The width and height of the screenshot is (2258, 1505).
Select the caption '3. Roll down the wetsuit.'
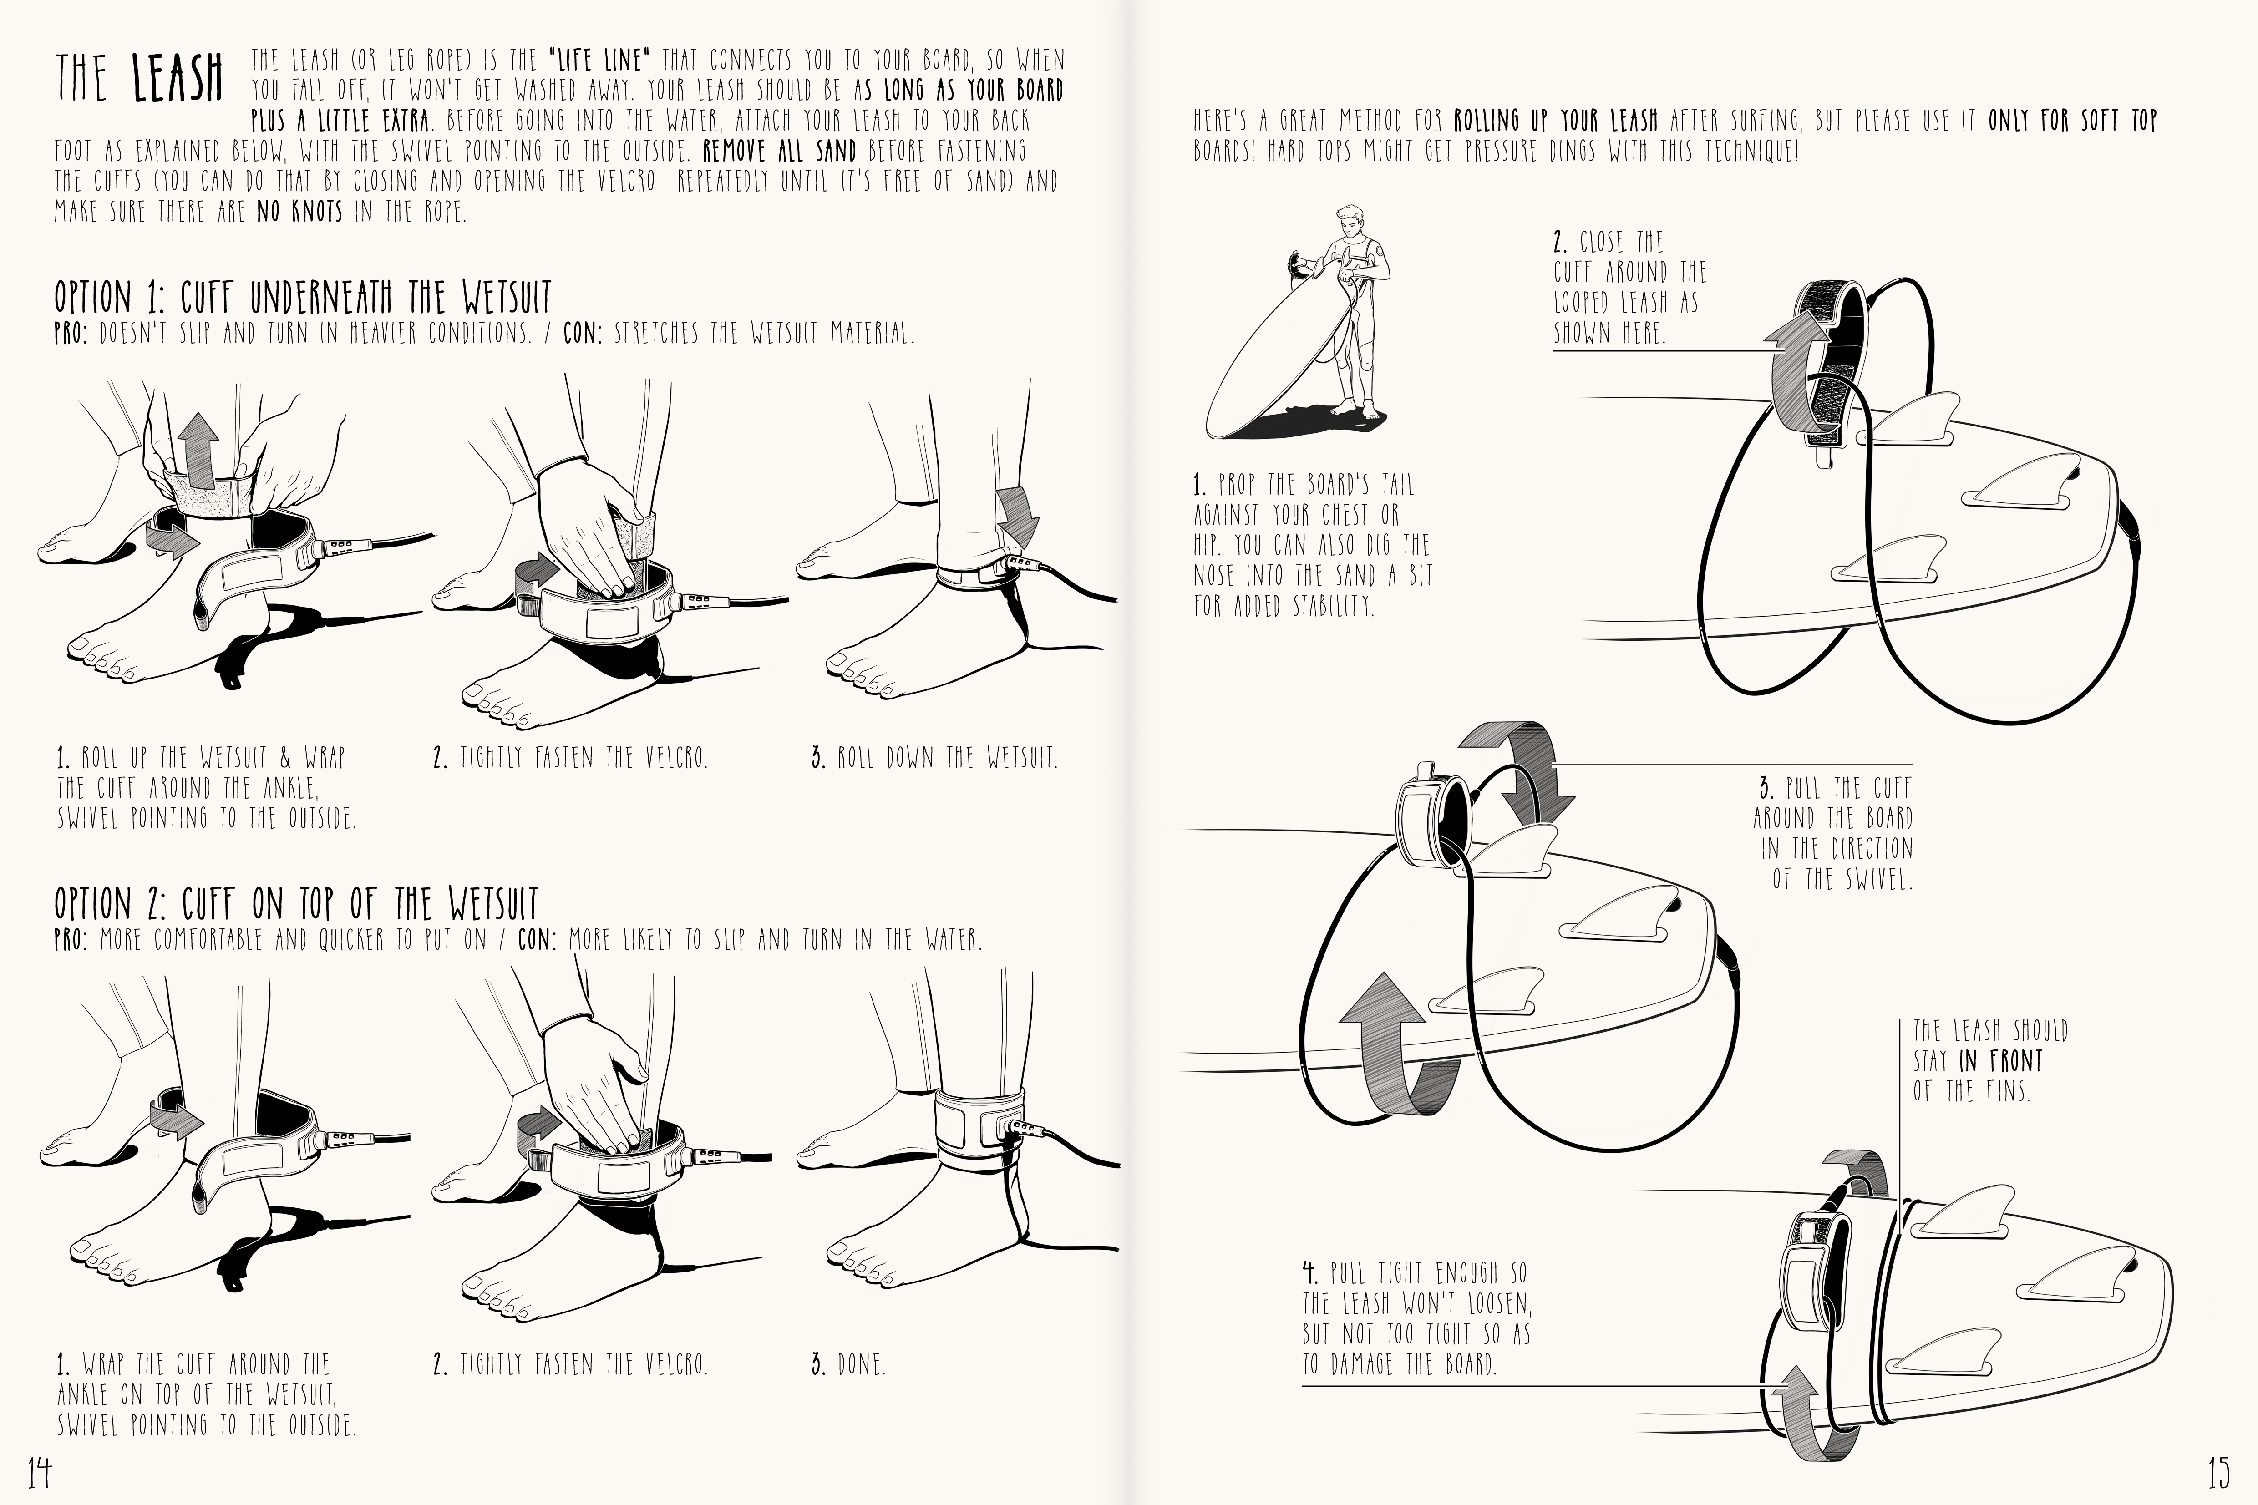click(x=934, y=757)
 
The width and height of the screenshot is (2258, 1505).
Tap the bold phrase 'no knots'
click(x=299, y=210)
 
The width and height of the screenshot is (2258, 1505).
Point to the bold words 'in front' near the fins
click(x=2001, y=1061)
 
